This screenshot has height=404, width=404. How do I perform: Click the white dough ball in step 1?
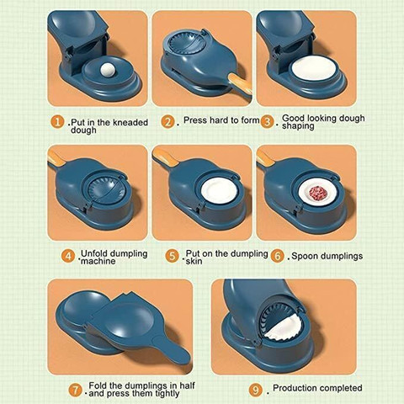(x=108, y=70)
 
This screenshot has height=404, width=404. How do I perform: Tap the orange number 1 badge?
(x=57, y=123)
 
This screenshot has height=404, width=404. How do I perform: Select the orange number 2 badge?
(x=167, y=122)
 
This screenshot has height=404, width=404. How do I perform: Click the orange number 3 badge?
(x=267, y=122)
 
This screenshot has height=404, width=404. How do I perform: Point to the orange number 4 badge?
(x=68, y=256)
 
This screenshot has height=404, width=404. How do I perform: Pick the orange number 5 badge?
(x=172, y=256)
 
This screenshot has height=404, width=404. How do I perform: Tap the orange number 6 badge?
(x=278, y=256)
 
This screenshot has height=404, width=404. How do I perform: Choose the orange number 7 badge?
(x=75, y=391)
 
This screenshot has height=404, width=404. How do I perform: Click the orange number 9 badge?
(x=256, y=391)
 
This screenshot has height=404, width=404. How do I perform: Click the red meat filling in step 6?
(x=316, y=193)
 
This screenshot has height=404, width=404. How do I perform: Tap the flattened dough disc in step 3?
(x=314, y=69)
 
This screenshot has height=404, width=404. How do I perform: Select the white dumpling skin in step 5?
(x=219, y=190)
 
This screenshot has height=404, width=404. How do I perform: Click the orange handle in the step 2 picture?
(x=240, y=84)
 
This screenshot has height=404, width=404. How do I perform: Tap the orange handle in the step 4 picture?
(x=56, y=158)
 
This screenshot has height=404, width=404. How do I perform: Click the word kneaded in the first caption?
(x=130, y=123)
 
